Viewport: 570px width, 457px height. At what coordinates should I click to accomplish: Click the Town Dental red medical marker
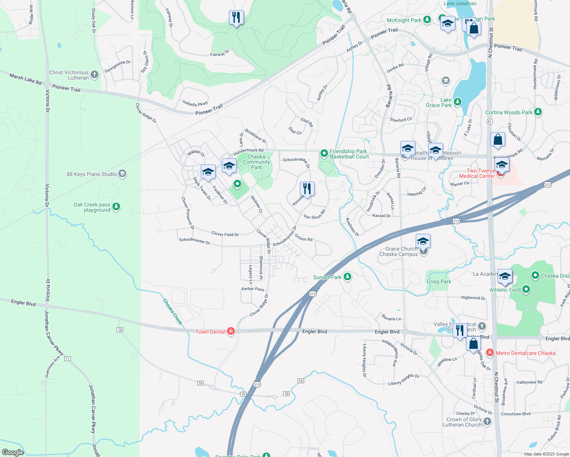coord(231,331)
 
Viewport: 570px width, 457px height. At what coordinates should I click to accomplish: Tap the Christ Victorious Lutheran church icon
coord(94,75)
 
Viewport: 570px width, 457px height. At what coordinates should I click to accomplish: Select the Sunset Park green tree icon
coord(347,277)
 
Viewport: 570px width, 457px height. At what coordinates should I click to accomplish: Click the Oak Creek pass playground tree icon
coord(116,207)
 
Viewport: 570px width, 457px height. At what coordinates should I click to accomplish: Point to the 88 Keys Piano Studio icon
coord(122,174)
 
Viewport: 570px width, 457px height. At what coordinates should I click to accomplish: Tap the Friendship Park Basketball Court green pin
coord(324,153)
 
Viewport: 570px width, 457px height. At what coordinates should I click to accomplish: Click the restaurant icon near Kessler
coord(307,189)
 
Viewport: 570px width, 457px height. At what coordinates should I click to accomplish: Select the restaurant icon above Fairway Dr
coord(236,18)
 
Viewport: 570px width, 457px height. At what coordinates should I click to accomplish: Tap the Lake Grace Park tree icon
coord(458,102)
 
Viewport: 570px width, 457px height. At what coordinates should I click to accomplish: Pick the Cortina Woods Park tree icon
coord(538,112)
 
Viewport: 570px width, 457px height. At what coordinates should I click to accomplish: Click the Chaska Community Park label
coord(256,162)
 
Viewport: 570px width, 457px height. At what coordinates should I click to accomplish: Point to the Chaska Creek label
coord(173,312)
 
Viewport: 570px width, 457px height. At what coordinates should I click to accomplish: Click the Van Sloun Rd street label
coord(314,215)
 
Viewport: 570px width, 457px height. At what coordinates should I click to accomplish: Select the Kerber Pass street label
coord(253,289)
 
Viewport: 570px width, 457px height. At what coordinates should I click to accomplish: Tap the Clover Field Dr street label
coord(225,234)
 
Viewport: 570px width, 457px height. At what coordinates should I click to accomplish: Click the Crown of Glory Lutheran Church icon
coord(487,421)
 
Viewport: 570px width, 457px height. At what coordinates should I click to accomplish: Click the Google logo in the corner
coord(13,452)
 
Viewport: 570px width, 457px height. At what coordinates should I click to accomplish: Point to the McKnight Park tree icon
coord(427,20)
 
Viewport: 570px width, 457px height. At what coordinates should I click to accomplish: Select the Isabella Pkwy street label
coord(195,104)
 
